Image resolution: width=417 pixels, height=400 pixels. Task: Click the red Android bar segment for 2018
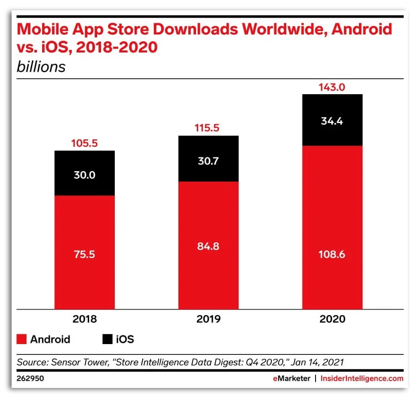[84, 252]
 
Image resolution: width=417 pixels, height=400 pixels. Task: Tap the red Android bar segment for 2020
[332, 227]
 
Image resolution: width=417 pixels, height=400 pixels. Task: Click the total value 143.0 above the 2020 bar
[332, 87]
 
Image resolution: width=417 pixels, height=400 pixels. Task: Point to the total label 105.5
[84, 144]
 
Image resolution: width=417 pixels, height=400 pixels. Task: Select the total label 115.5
[208, 129]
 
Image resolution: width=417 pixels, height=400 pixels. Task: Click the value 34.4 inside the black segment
[332, 121]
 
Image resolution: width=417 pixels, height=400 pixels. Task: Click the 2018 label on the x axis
[85, 319]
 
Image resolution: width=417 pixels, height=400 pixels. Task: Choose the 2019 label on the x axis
[208, 319]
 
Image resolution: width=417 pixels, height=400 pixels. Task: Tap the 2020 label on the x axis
[332, 319]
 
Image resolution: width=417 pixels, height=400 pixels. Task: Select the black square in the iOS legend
[107, 339]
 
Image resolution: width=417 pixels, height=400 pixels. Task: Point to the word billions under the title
[41, 67]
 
